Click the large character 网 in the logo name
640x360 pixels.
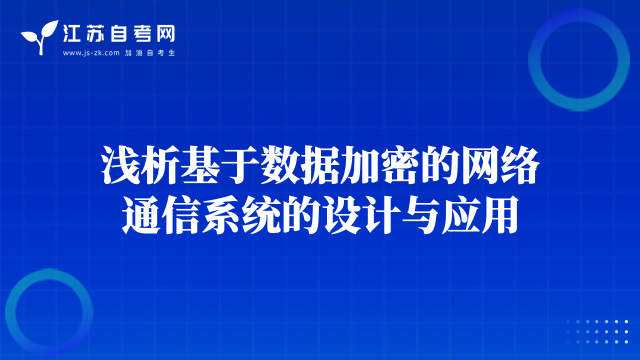pyautogui.click(x=165, y=33)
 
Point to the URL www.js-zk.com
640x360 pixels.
pyautogui.click(x=91, y=53)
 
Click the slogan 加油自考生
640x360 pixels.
pyautogui.click(x=150, y=53)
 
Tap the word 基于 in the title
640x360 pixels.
pyautogui.click(x=220, y=165)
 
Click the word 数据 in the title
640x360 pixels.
pyautogui.click(x=300, y=165)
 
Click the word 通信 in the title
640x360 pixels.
pyautogui.click(x=160, y=215)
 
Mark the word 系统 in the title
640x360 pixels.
pyautogui.click(x=240, y=215)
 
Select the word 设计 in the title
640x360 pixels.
pyautogui.click(x=360, y=215)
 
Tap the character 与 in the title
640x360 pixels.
pyautogui.click(x=420, y=215)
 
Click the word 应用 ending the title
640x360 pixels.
pyautogui.click(x=480, y=215)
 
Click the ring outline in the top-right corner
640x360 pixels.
pyautogui.click(x=534, y=60)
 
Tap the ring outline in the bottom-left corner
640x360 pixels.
pyautogui.click(x=10, y=313)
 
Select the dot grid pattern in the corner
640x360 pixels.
pyautogui.click(x=597, y=331)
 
